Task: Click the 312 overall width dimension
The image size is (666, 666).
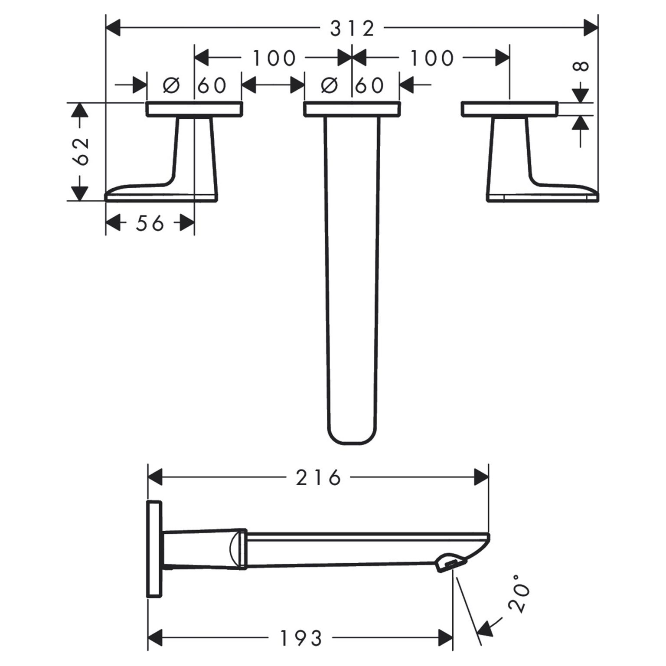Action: click(352, 29)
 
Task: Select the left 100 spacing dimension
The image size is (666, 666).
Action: click(274, 58)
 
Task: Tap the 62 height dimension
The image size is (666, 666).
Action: click(81, 151)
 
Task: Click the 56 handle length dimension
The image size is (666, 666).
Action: click(150, 223)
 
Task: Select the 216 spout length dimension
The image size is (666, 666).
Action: click(318, 478)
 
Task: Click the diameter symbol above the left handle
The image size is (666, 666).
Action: click(171, 85)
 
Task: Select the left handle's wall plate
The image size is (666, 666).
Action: click(194, 109)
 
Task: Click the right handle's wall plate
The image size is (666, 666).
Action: click(509, 109)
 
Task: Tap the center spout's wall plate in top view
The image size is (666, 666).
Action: click(351, 109)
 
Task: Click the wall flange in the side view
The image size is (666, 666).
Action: click(155, 549)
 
